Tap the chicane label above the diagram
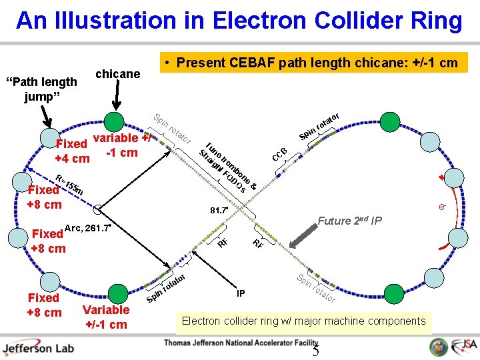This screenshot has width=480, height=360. coord(118,73)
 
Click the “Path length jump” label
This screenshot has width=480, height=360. coord(41,89)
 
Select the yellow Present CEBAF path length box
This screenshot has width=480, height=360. coord(317,63)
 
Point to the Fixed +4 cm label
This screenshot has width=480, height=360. coord(72,151)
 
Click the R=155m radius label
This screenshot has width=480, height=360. coord(69,186)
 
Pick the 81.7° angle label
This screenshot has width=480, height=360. coord(219,211)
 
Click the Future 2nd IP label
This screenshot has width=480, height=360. coord(349,221)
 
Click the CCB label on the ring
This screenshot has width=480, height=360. coord(279,155)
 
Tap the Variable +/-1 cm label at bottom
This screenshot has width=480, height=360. coord(106,317)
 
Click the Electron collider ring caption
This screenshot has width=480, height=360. coord(303,321)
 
